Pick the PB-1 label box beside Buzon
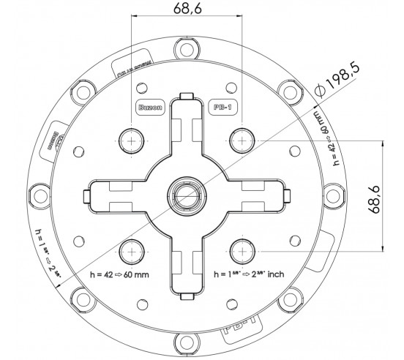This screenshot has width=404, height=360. (x=222, y=105)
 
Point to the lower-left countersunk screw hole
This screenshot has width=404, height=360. (x=131, y=250)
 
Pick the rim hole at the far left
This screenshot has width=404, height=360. (x=36, y=195)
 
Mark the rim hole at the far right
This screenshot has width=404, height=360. (x=335, y=195)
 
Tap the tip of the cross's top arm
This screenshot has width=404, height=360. (x=186, y=99)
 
